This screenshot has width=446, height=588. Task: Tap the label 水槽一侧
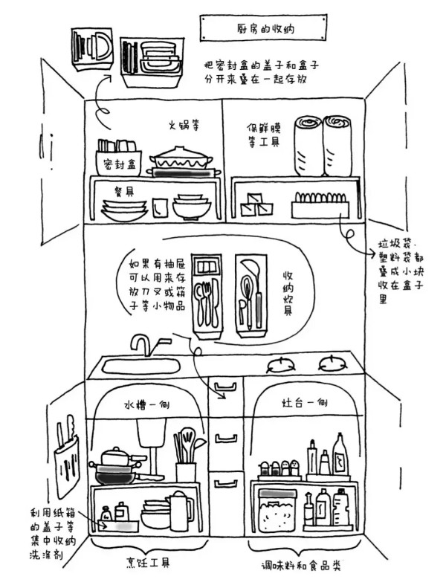147,405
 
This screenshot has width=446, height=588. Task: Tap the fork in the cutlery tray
199,301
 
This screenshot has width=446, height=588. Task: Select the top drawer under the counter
223,385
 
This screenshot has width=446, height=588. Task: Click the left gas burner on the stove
279,364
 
